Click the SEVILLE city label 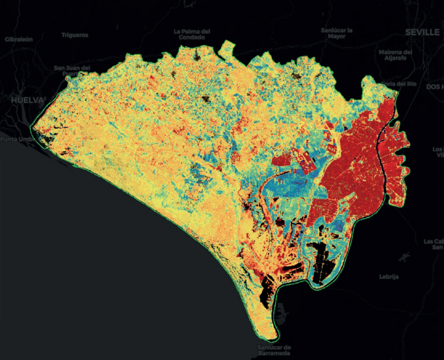click(x=422, y=32)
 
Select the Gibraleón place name click(x=20, y=40)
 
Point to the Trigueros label click(x=75, y=35)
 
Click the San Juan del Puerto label click(x=72, y=71)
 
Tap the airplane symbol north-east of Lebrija click(x=403, y=258)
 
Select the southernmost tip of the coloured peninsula click(x=274, y=339)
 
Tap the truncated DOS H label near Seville click(x=434, y=87)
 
